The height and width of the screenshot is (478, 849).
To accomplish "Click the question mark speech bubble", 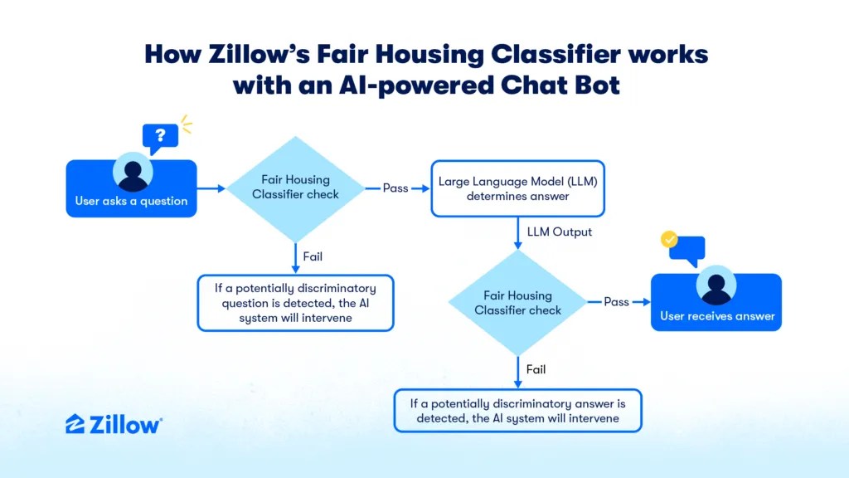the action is tap(160, 138).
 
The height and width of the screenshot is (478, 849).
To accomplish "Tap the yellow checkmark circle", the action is tap(669, 238).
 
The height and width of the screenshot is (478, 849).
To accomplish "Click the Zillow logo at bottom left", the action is tap(114, 424).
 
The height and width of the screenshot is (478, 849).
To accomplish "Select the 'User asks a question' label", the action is tap(131, 201).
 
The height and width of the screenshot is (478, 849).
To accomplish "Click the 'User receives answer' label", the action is tap(717, 316).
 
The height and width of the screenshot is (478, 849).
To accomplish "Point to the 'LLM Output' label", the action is tap(560, 232).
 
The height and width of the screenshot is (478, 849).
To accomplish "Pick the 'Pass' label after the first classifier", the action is tap(395, 188).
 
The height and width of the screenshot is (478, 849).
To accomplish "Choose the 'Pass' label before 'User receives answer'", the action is tap(616, 302).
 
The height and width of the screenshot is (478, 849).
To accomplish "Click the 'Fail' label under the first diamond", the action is tap(313, 256).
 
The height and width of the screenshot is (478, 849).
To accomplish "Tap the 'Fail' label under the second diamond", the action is tap(536, 369).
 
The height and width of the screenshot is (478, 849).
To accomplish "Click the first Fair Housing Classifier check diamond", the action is tap(296, 188).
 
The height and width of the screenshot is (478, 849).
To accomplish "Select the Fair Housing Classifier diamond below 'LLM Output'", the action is tap(517, 302).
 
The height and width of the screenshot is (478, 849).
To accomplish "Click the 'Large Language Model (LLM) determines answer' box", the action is tap(517, 188).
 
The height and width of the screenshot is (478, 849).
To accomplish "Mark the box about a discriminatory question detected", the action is tap(296, 303).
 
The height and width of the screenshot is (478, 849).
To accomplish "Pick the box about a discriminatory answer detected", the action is tap(517, 410).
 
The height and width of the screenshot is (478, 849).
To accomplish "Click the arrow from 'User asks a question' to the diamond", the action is tap(211, 188).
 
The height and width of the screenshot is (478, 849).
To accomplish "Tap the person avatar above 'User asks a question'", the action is tap(133, 173).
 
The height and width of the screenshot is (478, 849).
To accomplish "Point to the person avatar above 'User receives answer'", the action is tap(716, 285).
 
